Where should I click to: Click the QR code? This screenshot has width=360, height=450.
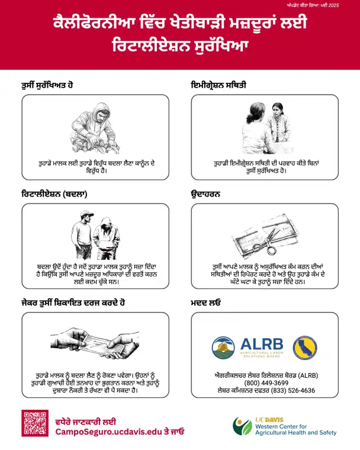(35, 423)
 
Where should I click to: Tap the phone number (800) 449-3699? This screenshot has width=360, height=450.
(266, 383)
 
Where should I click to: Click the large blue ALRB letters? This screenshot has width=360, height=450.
(262, 344)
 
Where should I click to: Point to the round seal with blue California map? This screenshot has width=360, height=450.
(305, 348)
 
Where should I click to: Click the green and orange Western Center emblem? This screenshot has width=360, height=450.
(242, 426)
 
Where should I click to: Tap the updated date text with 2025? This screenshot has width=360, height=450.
(313, 5)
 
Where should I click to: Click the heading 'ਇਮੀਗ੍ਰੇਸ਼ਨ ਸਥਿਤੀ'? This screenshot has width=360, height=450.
(218, 85)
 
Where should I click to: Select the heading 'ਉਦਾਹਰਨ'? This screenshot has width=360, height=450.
(205, 194)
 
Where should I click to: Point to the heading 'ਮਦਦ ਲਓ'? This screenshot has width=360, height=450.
(205, 303)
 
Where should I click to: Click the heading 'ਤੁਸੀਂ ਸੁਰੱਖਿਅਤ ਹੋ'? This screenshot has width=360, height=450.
(47, 85)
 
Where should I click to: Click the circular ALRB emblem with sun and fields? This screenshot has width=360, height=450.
(223, 348)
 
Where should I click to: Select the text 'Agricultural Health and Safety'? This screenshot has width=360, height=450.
(295, 432)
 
